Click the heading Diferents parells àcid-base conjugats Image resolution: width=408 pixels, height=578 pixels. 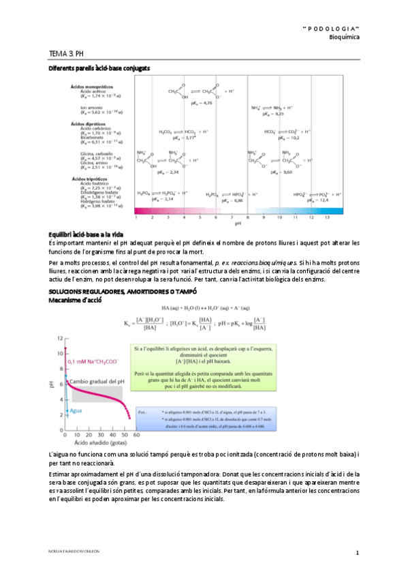click(99, 69)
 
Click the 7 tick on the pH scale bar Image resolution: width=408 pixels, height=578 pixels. click(232, 217)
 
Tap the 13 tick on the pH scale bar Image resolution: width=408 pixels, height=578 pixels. click(327, 217)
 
